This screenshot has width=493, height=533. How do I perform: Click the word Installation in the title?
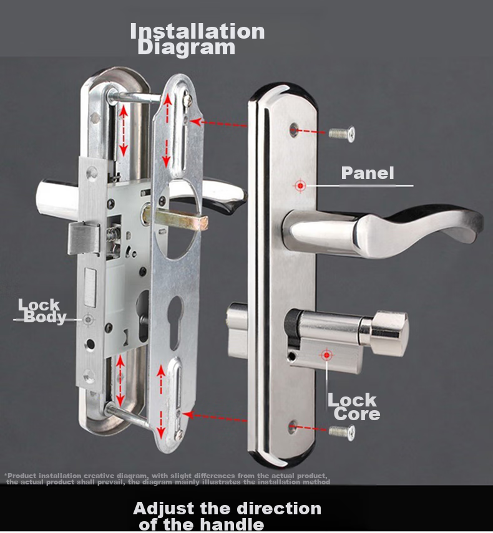(197, 31)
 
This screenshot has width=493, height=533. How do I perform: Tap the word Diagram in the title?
(186, 47)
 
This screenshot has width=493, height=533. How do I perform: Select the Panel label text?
(368, 173)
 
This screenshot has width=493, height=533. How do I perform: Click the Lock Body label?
(42, 311)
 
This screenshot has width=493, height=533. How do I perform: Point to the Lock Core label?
(353, 406)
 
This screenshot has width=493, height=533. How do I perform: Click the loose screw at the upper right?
(342, 133)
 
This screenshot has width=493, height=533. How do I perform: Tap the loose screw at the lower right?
(342, 433)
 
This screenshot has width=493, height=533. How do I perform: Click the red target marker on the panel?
(300, 186)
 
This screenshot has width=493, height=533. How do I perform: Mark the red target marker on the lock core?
(326, 355)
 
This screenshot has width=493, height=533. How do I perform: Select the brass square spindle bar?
(175, 218)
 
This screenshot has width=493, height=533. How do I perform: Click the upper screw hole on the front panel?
(294, 130)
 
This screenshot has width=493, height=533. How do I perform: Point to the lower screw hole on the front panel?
(292, 427)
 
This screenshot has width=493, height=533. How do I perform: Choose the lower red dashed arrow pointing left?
(215, 418)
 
